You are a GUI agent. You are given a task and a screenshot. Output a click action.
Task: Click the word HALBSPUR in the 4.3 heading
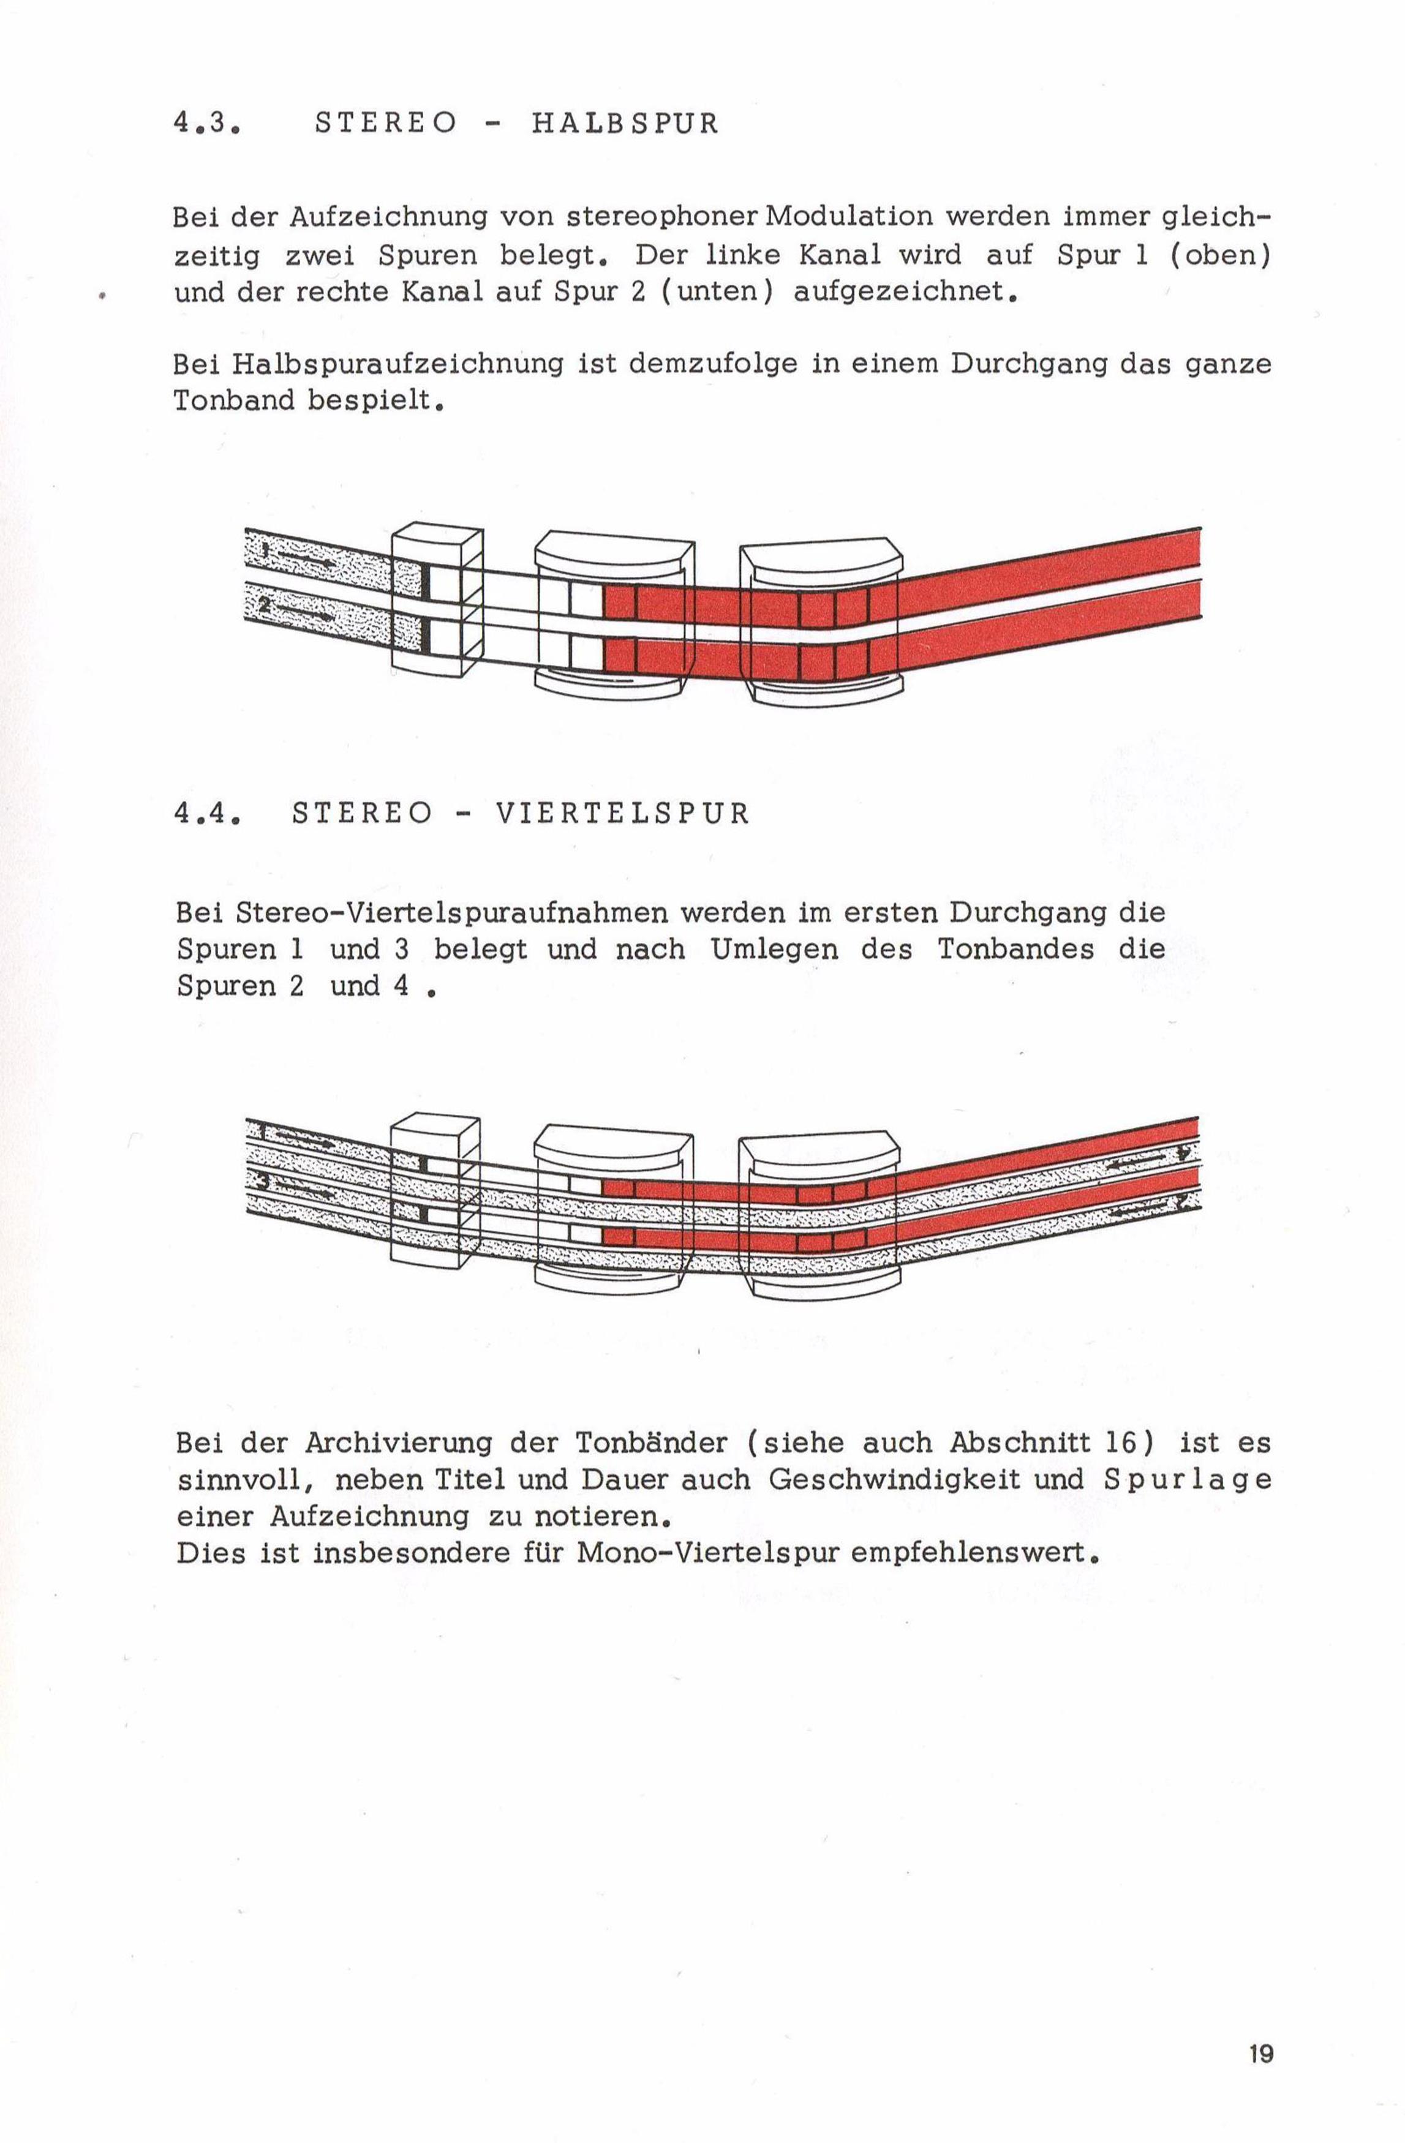coord(625,123)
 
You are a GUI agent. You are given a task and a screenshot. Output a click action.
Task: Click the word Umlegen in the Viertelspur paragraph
coord(775,950)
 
